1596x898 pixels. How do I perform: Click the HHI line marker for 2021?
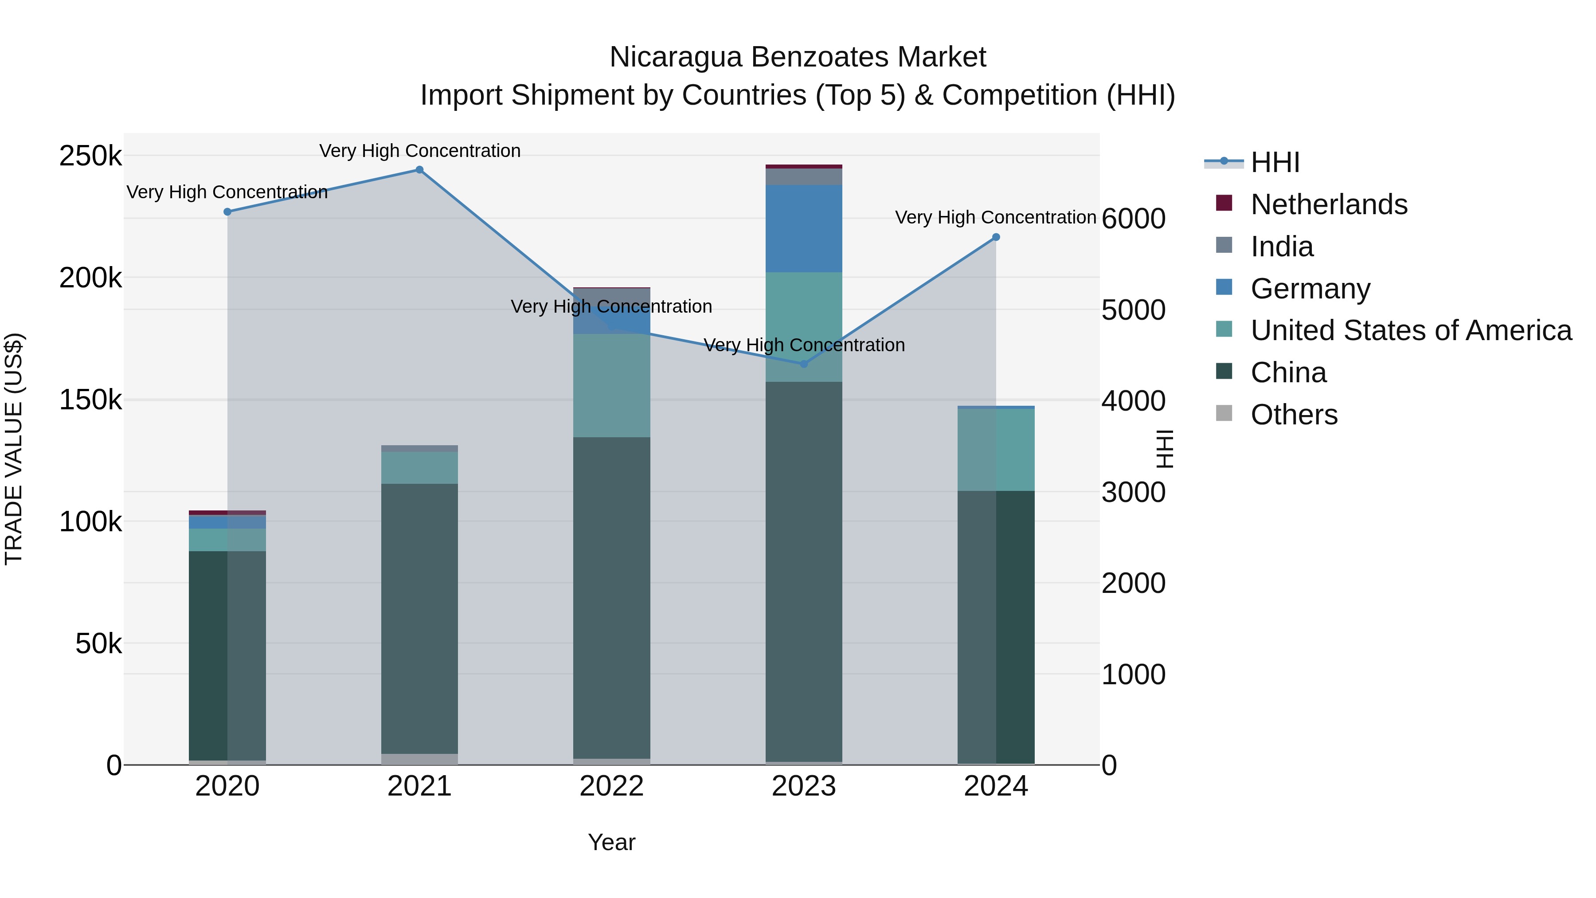pos(419,170)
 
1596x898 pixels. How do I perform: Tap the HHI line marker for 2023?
pos(804,364)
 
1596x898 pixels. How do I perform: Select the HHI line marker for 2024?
pos(996,237)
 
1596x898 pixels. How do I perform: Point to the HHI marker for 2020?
pos(227,212)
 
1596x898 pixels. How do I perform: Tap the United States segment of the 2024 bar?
pos(996,450)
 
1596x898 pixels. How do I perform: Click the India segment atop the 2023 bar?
pos(804,176)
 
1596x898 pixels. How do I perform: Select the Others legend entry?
pos(1294,415)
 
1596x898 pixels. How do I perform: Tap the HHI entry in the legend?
pos(1275,162)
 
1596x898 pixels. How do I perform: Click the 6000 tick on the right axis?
pos(1133,219)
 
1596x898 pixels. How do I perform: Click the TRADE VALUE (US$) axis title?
pos(14,449)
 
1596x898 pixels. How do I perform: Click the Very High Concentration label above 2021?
pos(419,151)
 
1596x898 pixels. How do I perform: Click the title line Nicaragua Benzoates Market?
pos(798,57)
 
